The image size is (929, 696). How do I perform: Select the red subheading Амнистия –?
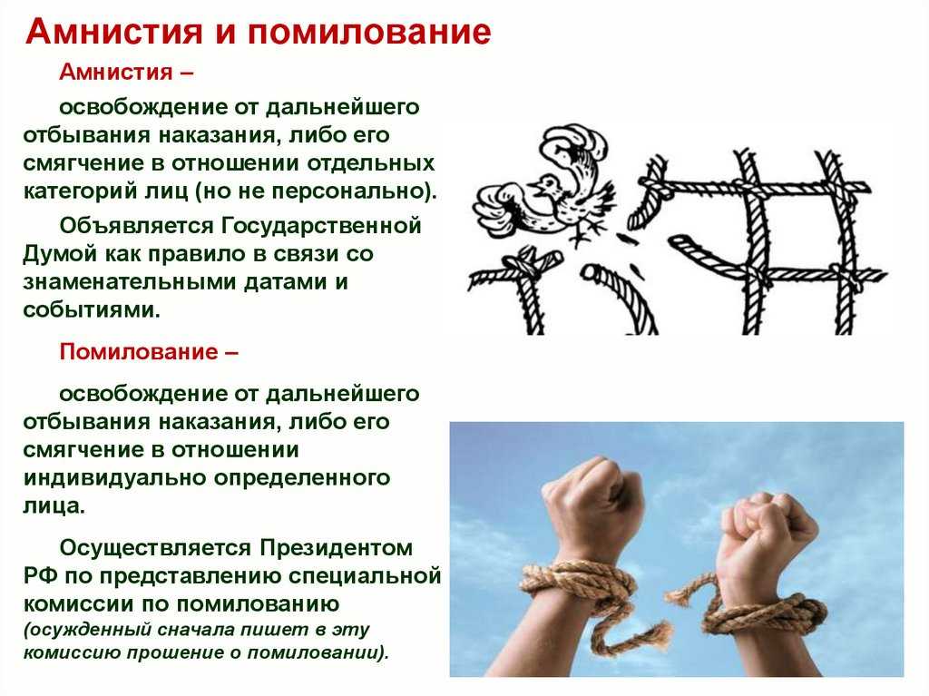point(126,72)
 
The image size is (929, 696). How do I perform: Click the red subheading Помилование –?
point(149,351)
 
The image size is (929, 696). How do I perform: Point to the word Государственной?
point(321,226)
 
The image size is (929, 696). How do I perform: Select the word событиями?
point(92,309)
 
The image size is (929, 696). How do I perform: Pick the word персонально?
point(349,191)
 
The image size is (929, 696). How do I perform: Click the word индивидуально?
point(114,478)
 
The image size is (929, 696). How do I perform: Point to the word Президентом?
point(336,548)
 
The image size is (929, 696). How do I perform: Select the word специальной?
point(375,575)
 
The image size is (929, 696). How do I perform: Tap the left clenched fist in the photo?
point(592,501)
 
